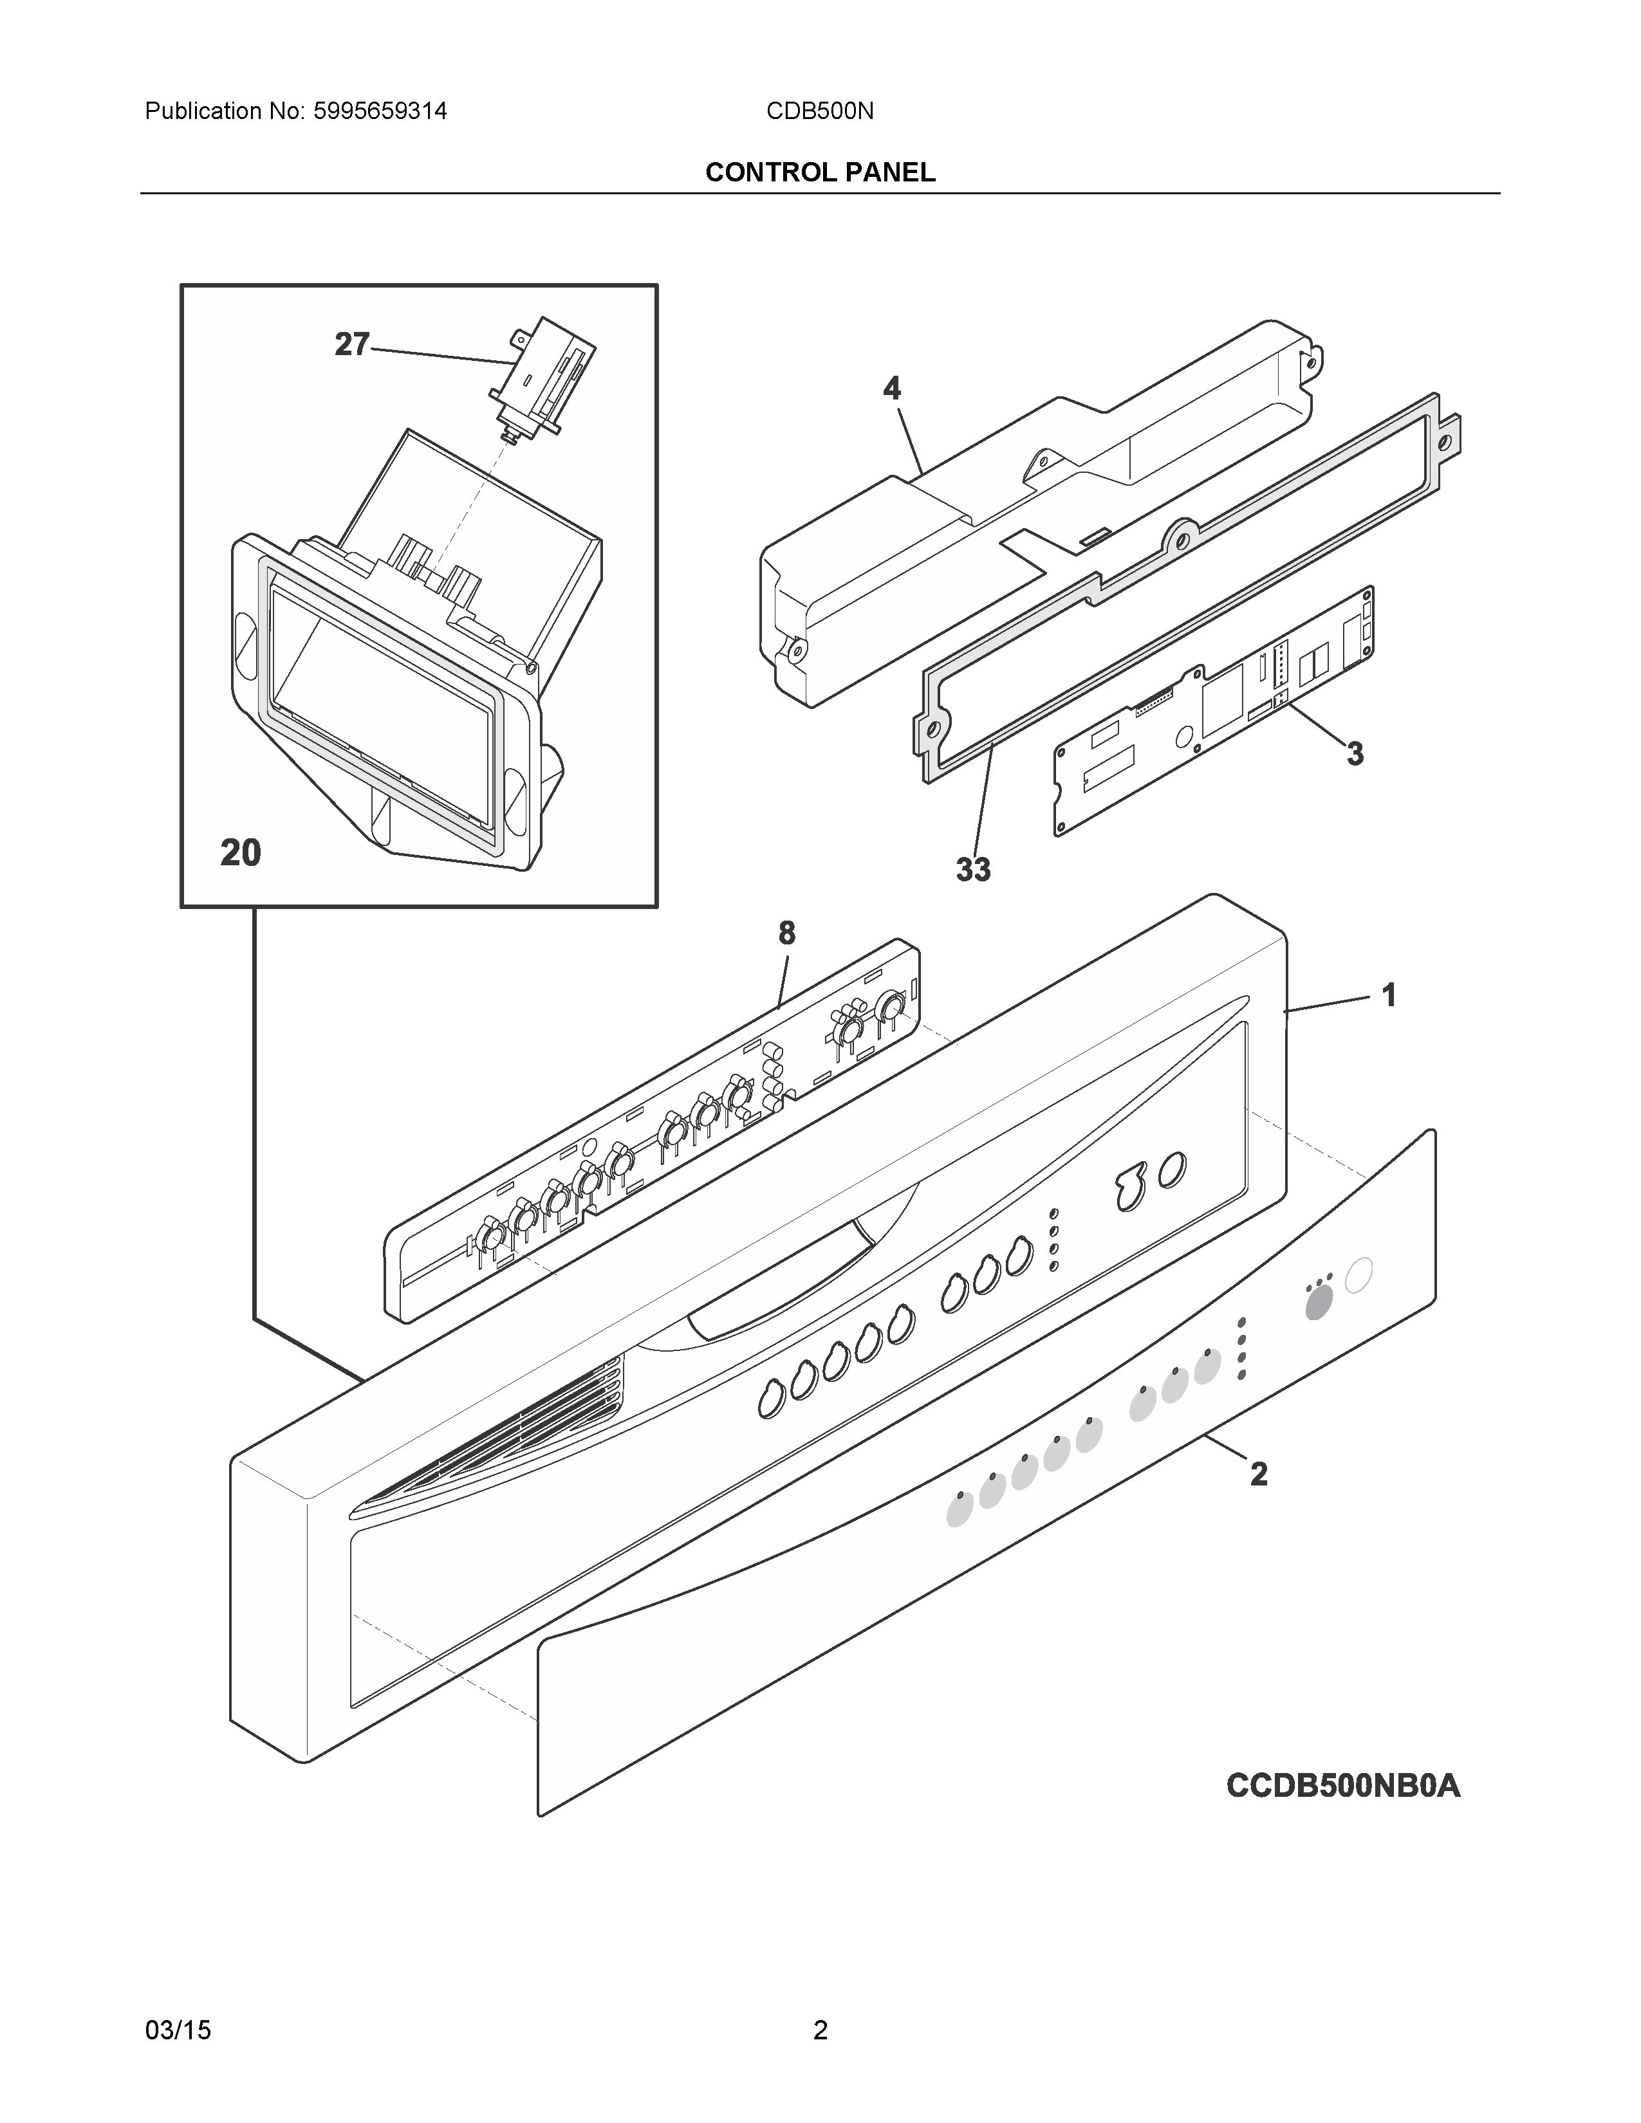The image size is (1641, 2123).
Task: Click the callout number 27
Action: (x=352, y=344)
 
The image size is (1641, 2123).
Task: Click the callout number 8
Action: (x=786, y=933)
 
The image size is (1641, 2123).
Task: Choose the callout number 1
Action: (x=1389, y=995)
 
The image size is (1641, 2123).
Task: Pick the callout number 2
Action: (x=1259, y=1475)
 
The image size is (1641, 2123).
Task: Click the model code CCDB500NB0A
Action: (x=1342, y=1786)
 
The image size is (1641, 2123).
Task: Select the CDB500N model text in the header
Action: (x=819, y=111)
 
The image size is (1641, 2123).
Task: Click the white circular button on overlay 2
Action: (x=1358, y=1274)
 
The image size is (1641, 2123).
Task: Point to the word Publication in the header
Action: (x=203, y=111)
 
